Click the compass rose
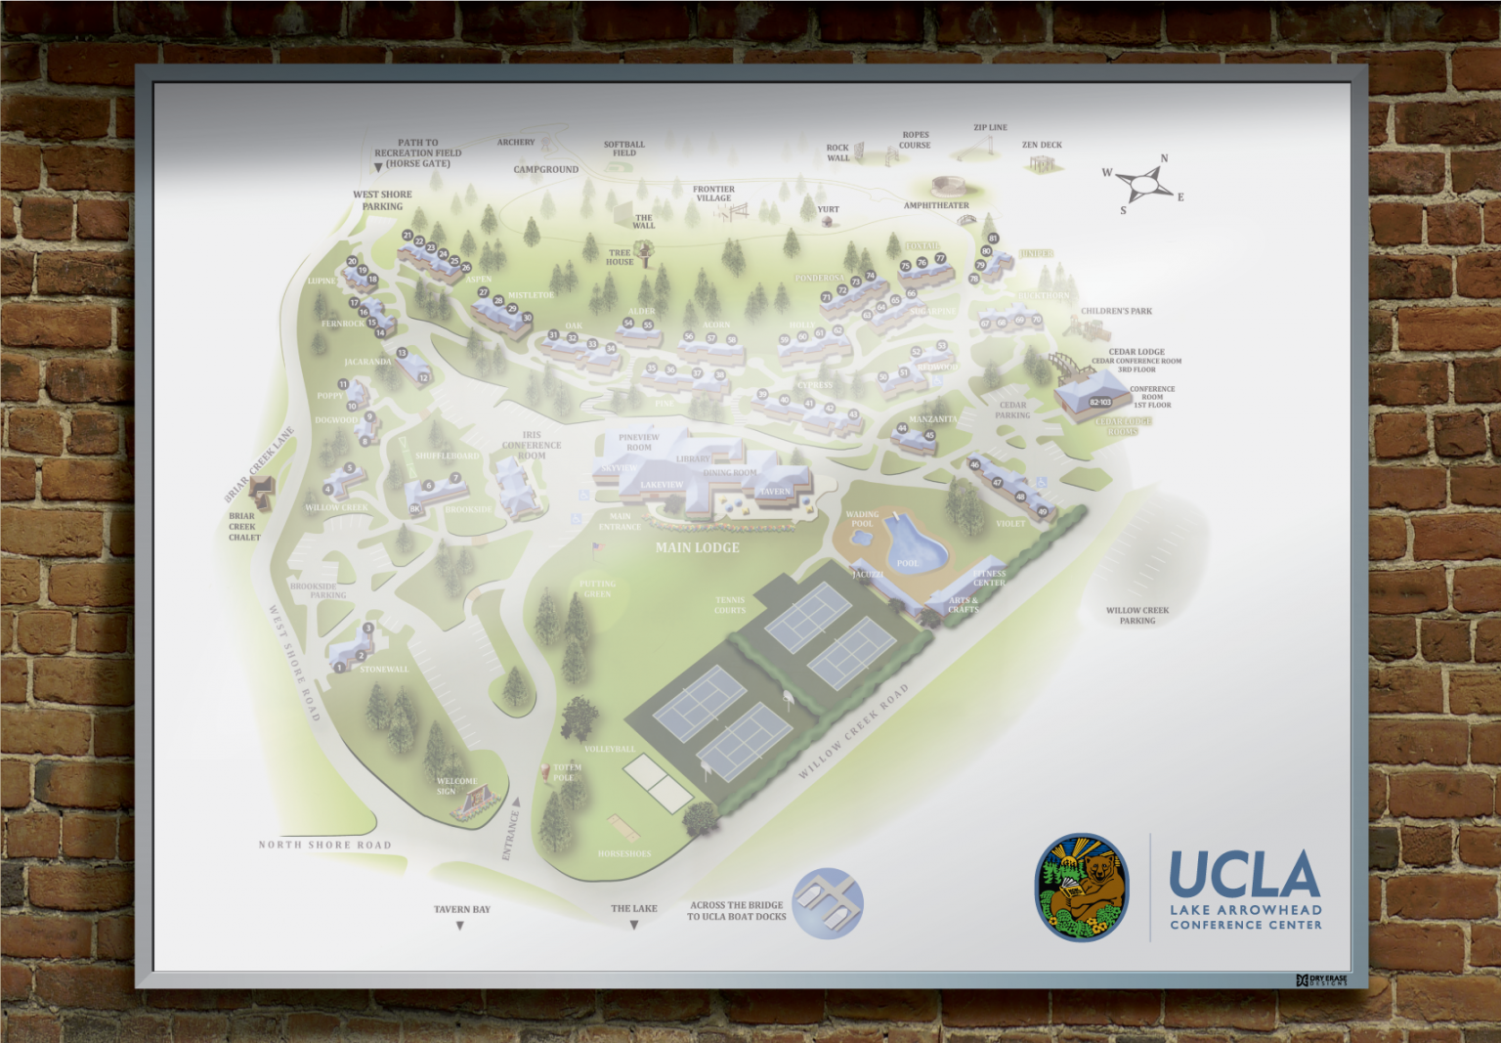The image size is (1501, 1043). click(1143, 183)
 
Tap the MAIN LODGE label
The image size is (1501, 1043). click(697, 547)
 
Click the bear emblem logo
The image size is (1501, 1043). click(1081, 888)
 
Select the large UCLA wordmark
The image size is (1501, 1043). click(1244, 874)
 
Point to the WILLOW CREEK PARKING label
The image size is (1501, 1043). click(1136, 615)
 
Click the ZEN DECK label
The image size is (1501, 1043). click(1042, 145)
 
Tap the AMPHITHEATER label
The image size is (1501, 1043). click(935, 205)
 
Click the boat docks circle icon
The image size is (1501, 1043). click(827, 903)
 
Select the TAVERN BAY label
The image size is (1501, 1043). click(461, 909)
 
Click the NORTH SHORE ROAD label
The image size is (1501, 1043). click(324, 845)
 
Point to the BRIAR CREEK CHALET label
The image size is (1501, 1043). click(243, 526)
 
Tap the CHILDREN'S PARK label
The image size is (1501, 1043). click(1116, 311)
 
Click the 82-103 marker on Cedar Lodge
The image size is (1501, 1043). click(1100, 402)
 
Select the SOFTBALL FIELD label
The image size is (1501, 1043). click(623, 149)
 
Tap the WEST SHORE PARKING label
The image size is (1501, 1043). click(382, 200)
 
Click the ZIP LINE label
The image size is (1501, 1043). click(990, 127)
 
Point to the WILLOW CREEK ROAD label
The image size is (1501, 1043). click(853, 731)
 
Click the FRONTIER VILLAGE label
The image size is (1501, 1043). click(713, 194)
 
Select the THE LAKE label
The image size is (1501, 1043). click(633, 908)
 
